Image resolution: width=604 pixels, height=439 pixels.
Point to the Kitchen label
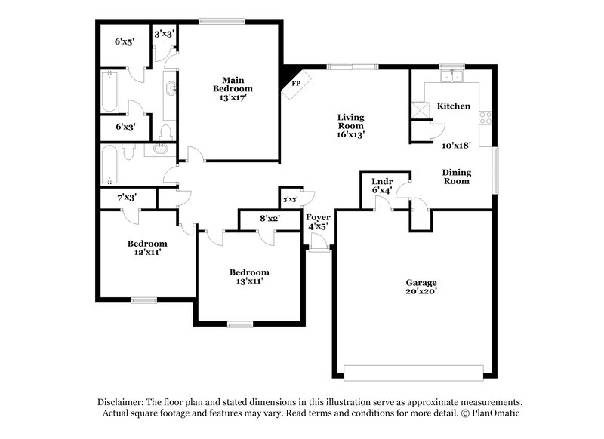coord(454,106)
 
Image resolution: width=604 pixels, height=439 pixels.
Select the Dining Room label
coord(457,177)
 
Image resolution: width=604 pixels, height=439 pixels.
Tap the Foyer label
coord(318,218)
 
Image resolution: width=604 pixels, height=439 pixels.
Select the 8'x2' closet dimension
coord(270,219)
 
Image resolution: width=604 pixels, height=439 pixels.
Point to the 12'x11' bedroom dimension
coord(147,253)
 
